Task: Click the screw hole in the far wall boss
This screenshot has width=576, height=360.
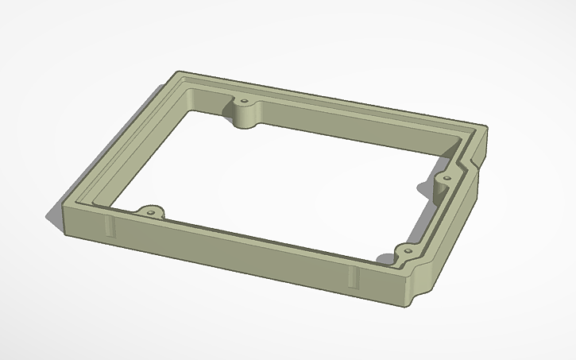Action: click(x=244, y=104)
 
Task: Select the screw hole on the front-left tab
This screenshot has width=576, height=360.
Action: click(x=148, y=211)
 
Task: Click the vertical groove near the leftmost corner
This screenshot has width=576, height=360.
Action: click(x=109, y=226)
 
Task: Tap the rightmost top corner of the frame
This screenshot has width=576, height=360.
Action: click(x=485, y=129)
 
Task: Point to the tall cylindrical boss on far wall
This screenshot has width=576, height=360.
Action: click(x=245, y=118)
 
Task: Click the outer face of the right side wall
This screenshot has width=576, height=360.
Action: click(x=453, y=230)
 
